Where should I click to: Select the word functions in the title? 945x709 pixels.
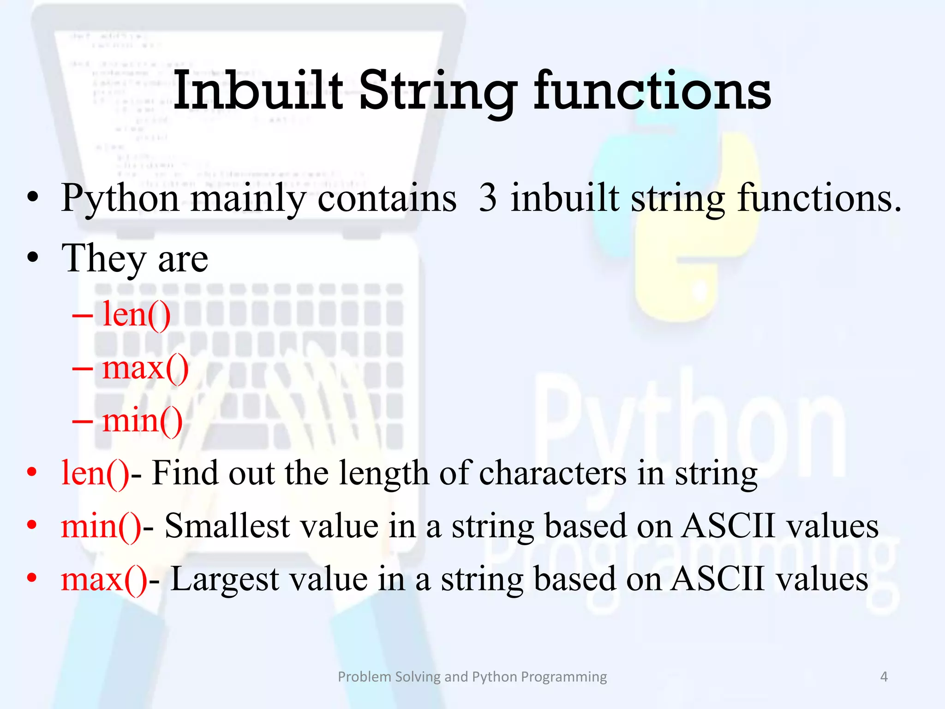coord(652,91)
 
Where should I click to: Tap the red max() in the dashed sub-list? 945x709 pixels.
coord(145,368)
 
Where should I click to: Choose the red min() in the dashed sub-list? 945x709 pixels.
coord(142,421)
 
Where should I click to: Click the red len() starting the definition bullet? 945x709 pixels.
coord(95,474)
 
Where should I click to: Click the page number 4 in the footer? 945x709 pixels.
coord(884,677)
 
